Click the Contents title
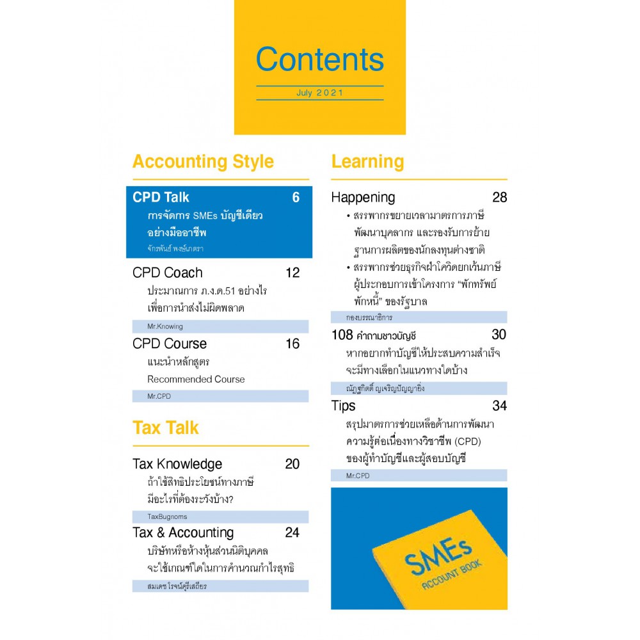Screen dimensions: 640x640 click(x=319, y=59)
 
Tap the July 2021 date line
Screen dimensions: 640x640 click(x=319, y=93)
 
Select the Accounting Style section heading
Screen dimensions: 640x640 click(x=203, y=162)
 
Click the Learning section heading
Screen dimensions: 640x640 click(x=367, y=162)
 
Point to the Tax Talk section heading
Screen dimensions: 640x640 click(x=166, y=428)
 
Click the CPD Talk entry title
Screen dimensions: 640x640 click(x=161, y=197)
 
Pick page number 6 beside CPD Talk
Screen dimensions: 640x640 click(x=296, y=197)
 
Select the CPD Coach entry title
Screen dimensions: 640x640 click(x=167, y=273)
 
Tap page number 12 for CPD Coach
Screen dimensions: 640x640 click(x=292, y=273)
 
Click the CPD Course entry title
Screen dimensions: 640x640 click(x=170, y=344)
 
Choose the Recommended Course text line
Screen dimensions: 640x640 click(x=196, y=379)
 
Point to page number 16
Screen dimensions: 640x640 click(x=292, y=344)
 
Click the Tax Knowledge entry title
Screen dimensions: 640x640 click(x=177, y=464)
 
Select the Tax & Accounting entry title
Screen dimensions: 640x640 click(x=183, y=532)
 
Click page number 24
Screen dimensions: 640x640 click(x=292, y=532)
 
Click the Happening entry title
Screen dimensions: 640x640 click(x=363, y=197)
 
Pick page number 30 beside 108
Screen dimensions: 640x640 click(x=499, y=334)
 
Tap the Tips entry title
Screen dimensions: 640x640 click(x=343, y=405)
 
